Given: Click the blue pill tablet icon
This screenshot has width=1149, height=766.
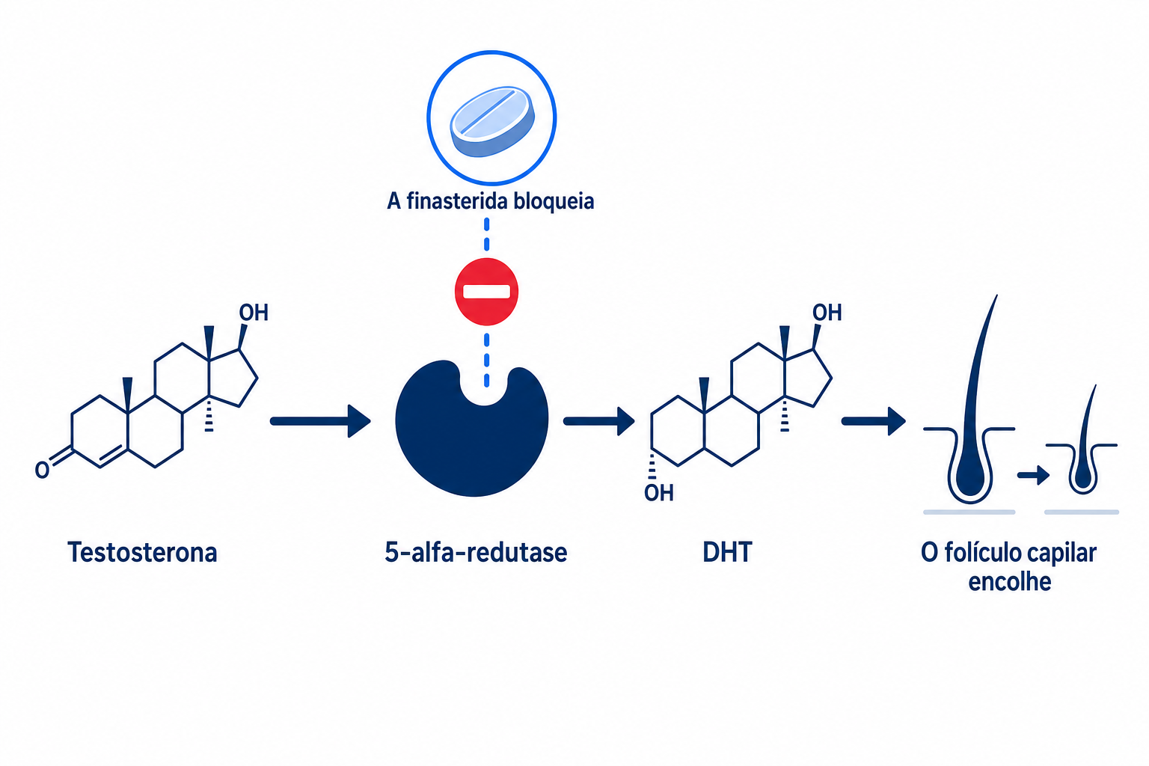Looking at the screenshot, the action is [x=492, y=122].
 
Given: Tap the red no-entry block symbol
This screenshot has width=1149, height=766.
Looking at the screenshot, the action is [x=486, y=292].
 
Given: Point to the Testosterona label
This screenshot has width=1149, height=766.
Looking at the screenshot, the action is [x=142, y=553].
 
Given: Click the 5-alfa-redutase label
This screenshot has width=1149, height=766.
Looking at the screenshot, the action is [x=476, y=553].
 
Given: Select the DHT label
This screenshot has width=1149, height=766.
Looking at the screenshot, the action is [x=727, y=553].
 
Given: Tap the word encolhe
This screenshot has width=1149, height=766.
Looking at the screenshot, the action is [x=1009, y=582].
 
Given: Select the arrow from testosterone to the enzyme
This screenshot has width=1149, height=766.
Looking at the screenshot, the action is [x=321, y=421].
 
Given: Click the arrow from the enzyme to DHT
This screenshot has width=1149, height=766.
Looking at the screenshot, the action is [x=599, y=421].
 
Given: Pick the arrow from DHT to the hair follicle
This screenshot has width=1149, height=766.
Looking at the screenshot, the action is [x=874, y=421].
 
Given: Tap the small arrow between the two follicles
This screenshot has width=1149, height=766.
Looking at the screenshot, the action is [x=1033, y=474].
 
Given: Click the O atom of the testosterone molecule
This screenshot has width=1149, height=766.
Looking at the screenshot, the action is [x=42, y=470].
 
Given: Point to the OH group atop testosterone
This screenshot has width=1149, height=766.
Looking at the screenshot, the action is [x=254, y=313].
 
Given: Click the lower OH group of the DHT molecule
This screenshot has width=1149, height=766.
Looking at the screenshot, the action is [x=658, y=492].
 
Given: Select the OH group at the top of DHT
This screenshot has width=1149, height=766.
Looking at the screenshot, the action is [x=827, y=313].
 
